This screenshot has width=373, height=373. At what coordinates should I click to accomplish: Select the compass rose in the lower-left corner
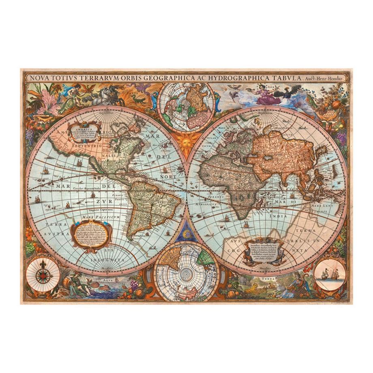(x=43, y=276)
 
